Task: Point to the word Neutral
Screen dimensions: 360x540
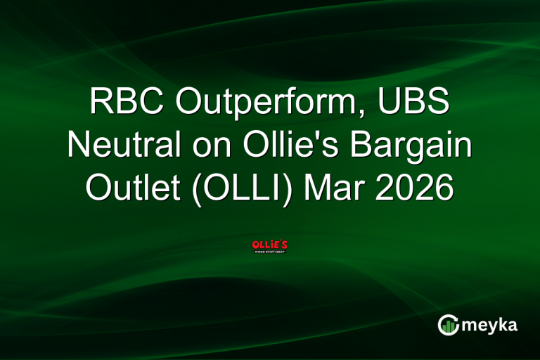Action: (123, 146)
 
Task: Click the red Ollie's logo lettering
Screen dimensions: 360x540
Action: (269, 244)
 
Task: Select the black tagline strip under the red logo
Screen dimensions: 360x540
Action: (269, 252)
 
